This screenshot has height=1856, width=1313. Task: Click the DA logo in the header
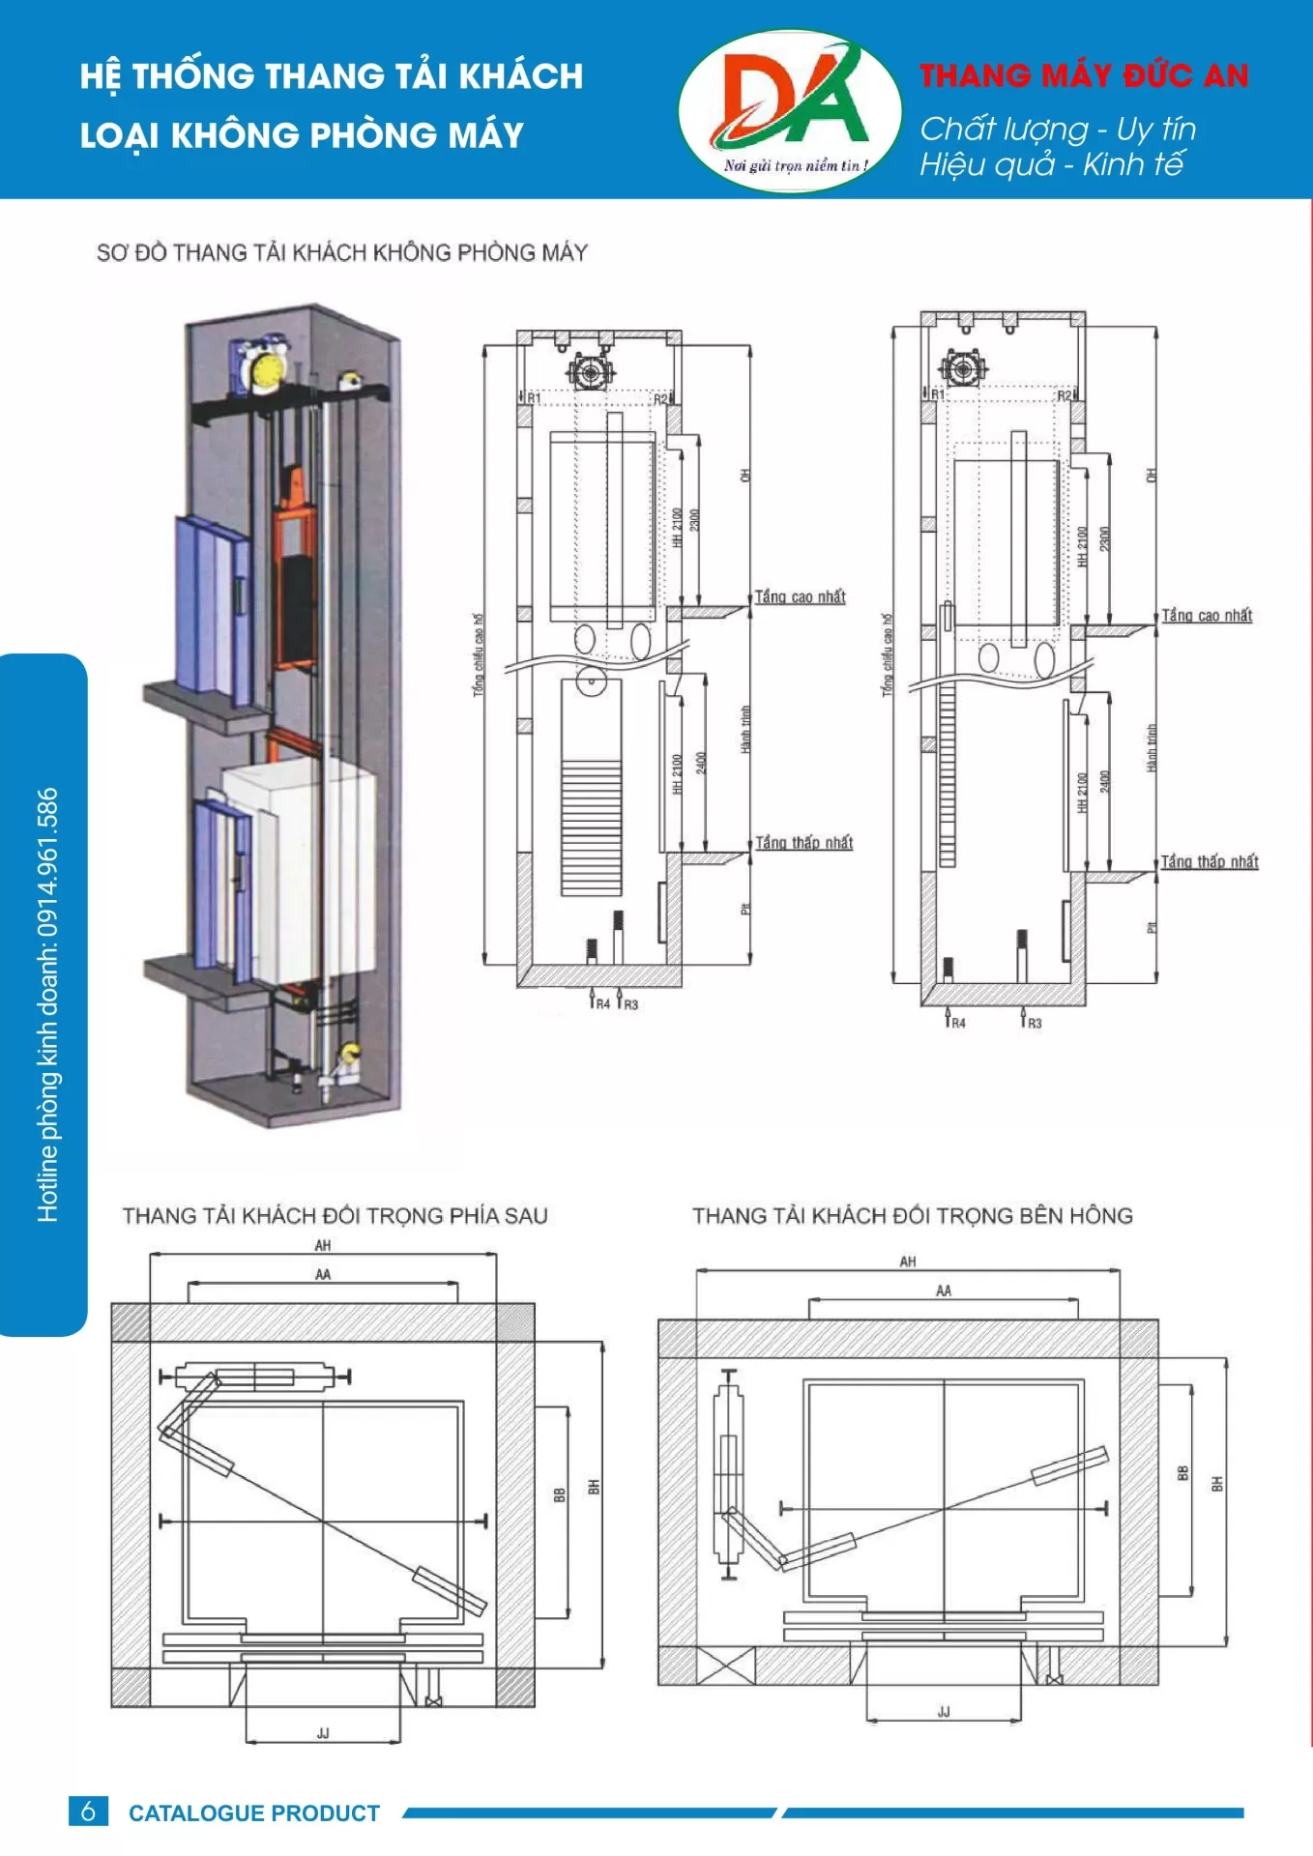click(x=790, y=109)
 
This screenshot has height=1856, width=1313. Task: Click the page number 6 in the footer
click(x=88, y=1811)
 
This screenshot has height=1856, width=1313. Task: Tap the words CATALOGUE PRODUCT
click(x=254, y=1812)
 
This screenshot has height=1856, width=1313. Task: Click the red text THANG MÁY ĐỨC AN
click(x=1084, y=76)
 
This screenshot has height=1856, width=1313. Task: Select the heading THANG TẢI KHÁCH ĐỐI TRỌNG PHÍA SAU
click(x=335, y=1215)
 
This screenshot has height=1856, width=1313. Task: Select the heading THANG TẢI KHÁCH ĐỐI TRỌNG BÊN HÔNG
click(x=912, y=1215)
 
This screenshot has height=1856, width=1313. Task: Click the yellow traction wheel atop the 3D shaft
click(x=266, y=370)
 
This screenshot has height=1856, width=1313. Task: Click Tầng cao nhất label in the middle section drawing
click(x=800, y=596)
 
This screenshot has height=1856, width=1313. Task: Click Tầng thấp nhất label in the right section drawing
click(x=1209, y=861)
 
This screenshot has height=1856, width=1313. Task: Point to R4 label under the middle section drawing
click(x=601, y=1004)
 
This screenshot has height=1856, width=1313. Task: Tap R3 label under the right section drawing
click(x=1034, y=1023)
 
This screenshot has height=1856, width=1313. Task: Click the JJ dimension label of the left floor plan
click(x=323, y=1733)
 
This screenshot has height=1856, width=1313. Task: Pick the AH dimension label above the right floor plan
click(x=907, y=1261)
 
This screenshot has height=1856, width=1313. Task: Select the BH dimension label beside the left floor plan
click(x=594, y=1487)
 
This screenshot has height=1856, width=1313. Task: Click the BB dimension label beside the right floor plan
click(x=1182, y=1473)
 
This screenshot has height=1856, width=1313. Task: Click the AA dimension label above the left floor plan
click(x=323, y=1274)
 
